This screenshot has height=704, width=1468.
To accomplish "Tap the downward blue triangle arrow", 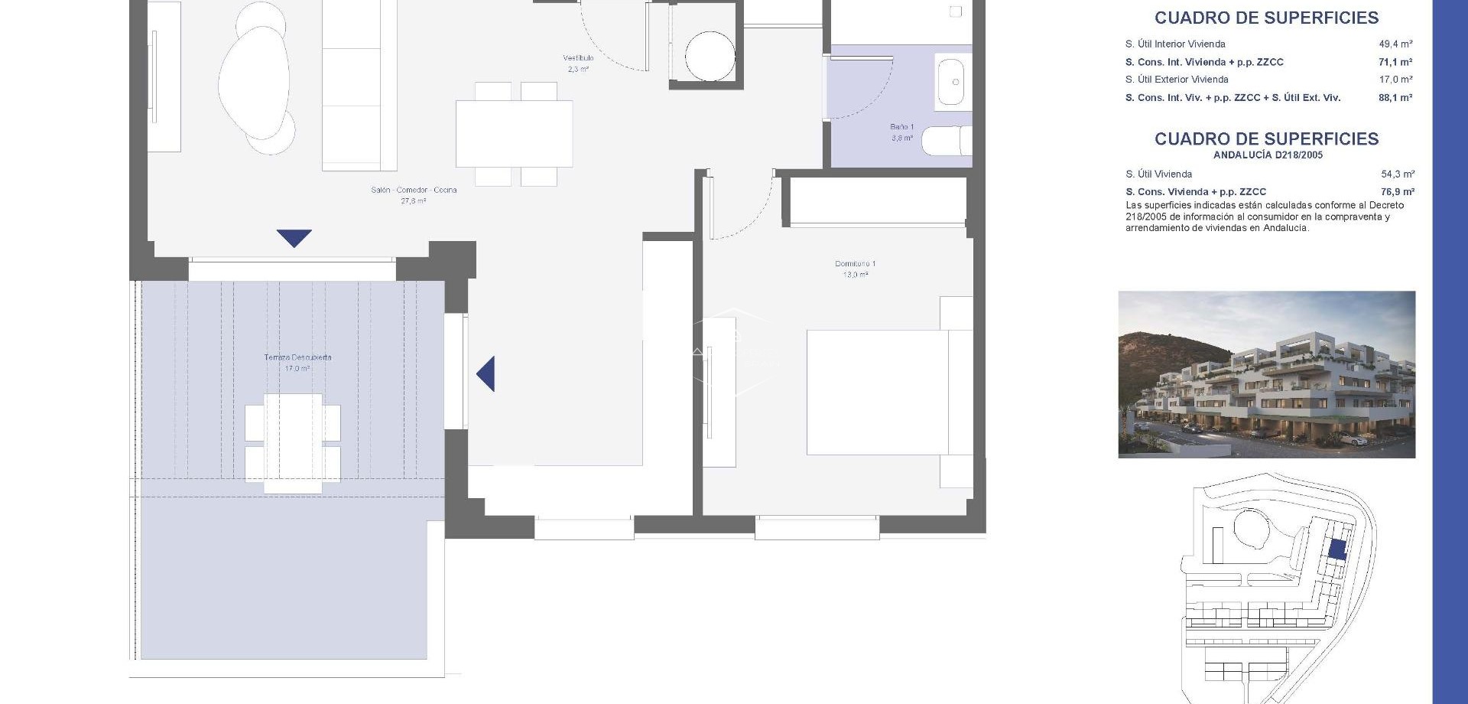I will pos(294,237).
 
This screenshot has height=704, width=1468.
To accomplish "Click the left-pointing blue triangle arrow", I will pos(487,374).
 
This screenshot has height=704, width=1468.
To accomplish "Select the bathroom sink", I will pos(953,82).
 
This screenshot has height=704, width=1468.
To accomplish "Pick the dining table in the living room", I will pos(514,134).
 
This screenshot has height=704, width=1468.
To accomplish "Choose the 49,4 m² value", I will pos(1395,44).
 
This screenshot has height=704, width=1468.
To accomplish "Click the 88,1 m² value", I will pos(1395,98).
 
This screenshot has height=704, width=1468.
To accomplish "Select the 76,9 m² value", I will pos(1397,192).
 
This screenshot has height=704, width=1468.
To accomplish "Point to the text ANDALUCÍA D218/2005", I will pos(1268,155).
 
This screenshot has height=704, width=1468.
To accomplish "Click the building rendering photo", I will pos(1266,374).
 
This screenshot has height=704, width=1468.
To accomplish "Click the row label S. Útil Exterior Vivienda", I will pos(1177,80).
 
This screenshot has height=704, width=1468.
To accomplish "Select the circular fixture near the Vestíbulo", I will pos(710,56).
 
